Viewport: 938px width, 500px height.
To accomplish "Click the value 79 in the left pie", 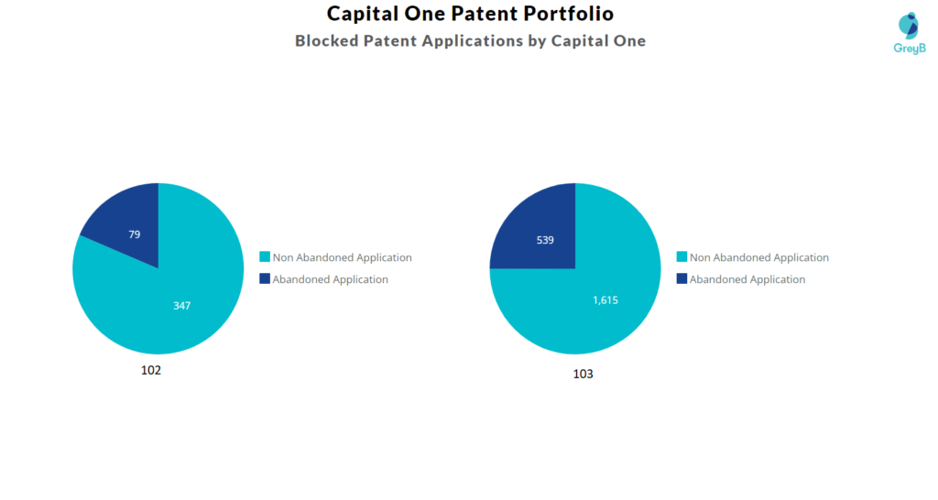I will [x=134, y=234].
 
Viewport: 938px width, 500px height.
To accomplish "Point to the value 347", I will [x=181, y=305].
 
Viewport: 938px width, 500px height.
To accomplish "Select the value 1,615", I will [x=605, y=299].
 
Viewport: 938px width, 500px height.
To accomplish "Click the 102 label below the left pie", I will [x=151, y=371].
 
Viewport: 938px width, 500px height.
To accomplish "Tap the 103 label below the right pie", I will [x=583, y=374].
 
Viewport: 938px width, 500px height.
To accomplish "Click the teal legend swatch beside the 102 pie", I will [x=265, y=257].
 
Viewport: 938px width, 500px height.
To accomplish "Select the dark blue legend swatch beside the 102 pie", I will [x=265, y=279].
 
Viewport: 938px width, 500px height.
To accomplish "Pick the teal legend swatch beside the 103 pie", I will [x=682, y=257].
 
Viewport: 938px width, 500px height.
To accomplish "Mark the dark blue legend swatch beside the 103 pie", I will [x=682, y=279].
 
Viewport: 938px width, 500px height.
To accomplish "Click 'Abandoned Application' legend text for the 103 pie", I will [x=747, y=279].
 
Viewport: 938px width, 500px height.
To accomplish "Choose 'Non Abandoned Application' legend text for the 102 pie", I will [x=342, y=257].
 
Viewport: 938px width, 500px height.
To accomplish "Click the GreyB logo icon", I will [x=908, y=26].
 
